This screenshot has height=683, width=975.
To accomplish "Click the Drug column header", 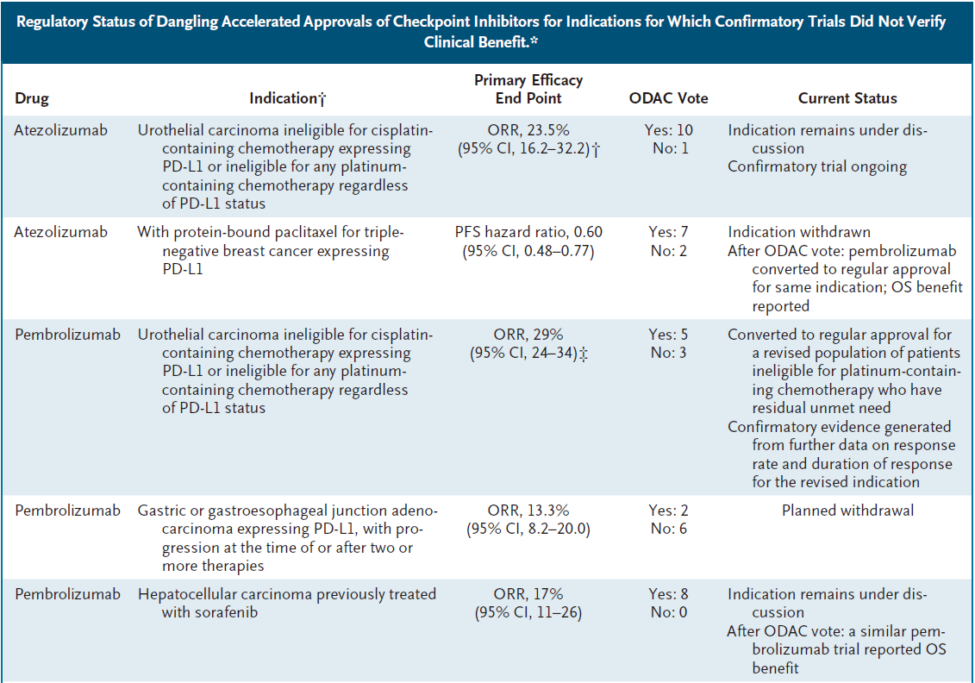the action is click(32, 98).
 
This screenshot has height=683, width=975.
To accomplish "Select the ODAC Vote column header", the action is click(668, 98).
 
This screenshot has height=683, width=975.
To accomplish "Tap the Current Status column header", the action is click(847, 98).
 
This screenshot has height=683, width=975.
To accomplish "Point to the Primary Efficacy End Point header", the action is click(528, 89).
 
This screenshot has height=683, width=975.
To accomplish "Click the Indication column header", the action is click(288, 98).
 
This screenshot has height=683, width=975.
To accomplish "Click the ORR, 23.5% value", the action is click(528, 130).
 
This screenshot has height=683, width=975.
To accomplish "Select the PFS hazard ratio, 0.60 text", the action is click(528, 232).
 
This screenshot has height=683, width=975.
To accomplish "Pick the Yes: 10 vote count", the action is click(668, 130).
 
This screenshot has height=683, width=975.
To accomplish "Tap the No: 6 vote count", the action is click(669, 529).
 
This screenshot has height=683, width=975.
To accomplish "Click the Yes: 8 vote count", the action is click(668, 594).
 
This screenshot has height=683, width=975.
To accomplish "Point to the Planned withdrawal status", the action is click(847, 511).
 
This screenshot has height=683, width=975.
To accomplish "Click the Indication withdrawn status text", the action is click(799, 232).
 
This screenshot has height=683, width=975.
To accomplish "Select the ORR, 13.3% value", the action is click(528, 511).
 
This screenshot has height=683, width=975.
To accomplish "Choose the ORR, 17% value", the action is click(528, 594).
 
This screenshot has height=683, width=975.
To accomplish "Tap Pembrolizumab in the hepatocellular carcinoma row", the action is click(68, 594).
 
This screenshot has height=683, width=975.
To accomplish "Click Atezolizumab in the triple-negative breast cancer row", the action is click(61, 232).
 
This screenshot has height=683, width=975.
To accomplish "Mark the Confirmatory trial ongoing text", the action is click(817, 166).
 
